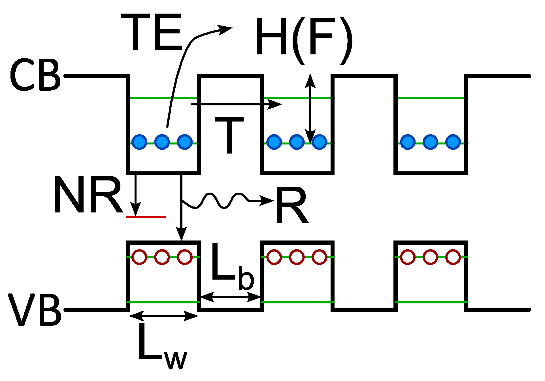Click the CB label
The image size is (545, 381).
(35, 75)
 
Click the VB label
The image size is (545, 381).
(35, 310)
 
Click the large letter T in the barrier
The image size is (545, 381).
(229, 135)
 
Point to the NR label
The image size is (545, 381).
(88, 195)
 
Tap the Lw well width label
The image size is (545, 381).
(161, 347)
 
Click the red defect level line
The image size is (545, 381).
(146, 217)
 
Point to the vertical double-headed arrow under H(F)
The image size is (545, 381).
(310, 109)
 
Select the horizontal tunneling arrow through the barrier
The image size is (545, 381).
(235, 104)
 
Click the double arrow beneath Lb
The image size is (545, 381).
(230, 297)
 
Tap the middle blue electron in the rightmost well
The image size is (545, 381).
(430, 142)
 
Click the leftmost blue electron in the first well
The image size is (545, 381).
(139, 142)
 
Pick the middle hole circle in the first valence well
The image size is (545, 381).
(162, 257)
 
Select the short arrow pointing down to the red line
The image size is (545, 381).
(136, 195)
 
